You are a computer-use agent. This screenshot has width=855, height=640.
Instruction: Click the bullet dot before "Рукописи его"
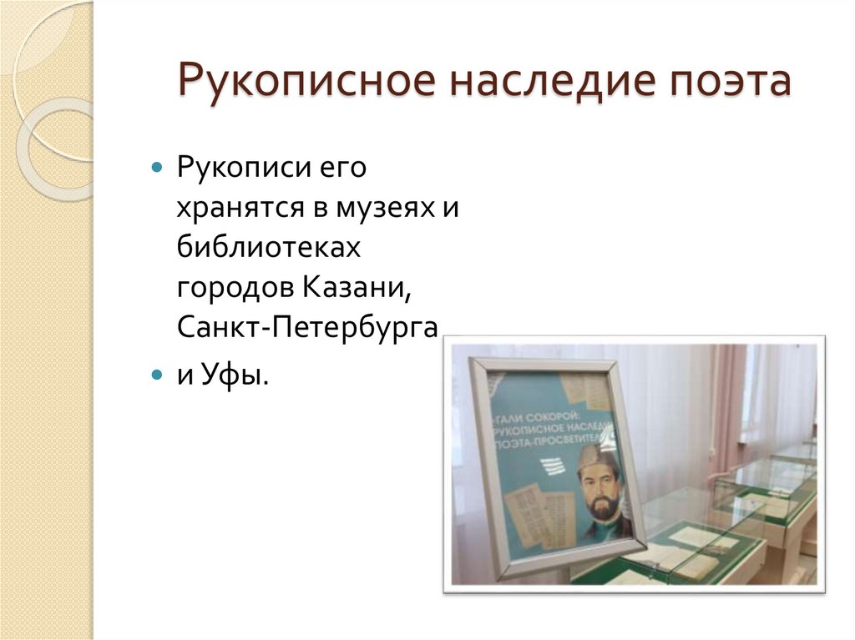tap(157, 168)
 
